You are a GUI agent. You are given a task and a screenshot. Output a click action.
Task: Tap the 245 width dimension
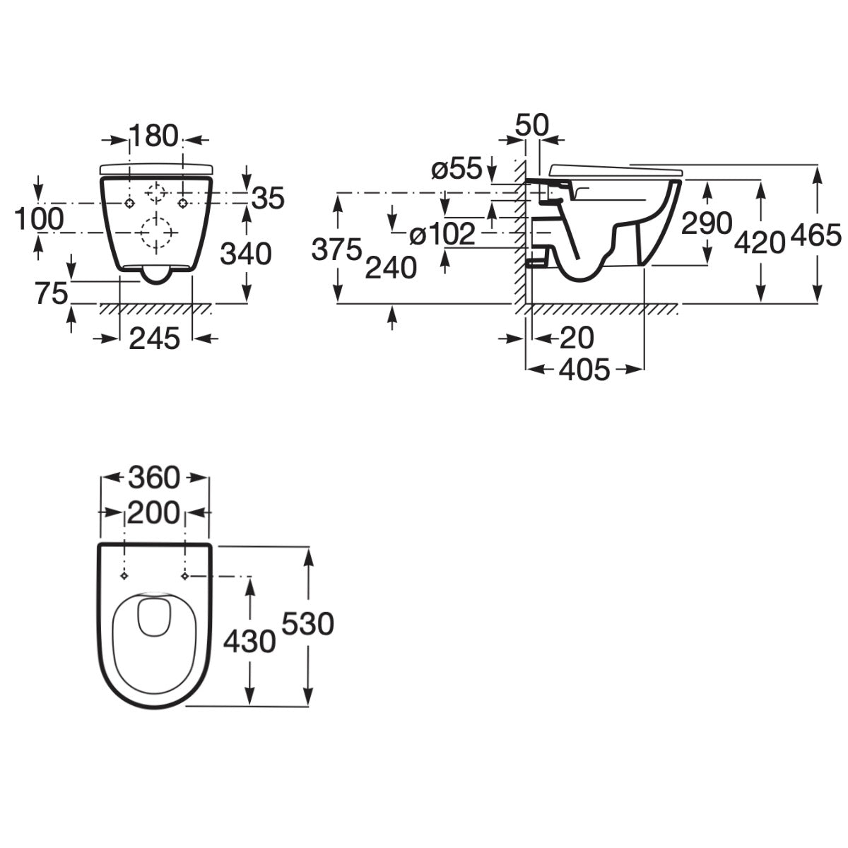pos(155,338)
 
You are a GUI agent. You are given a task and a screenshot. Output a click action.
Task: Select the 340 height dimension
pos(245,254)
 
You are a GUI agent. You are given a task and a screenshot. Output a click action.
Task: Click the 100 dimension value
pos(39,218)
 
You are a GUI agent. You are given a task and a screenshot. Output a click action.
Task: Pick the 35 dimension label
pos(268,198)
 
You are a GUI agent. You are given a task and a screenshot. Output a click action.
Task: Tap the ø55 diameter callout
pos(457,168)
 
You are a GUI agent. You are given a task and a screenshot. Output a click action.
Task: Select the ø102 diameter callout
pos(442,234)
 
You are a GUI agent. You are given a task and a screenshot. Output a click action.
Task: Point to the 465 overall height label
pos(816,236)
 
